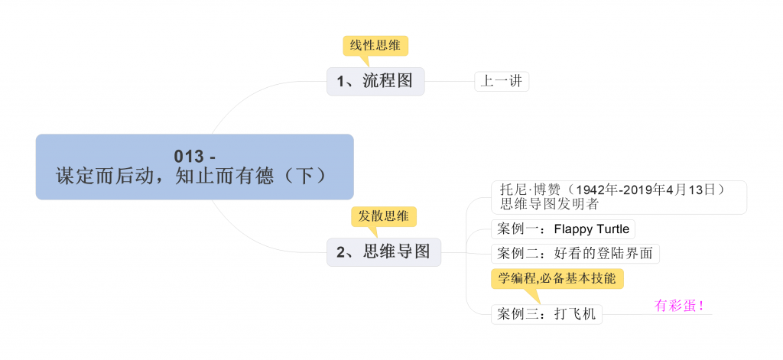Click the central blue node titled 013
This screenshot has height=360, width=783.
click(194, 167)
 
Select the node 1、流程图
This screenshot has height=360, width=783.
click(375, 81)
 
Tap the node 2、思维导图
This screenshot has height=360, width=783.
click(383, 251)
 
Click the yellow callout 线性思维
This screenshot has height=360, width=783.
click(375, 45)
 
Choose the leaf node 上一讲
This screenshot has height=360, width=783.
click(502, 81)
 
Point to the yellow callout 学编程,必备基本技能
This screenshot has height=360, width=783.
click(557, 278)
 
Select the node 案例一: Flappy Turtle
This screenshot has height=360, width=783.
click(563, 229)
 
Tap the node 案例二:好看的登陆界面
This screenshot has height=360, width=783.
click(575, 254)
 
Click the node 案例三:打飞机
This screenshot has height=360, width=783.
click(546, 313)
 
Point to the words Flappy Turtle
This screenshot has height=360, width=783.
click(591, 229)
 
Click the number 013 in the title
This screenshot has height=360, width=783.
click(189, 157)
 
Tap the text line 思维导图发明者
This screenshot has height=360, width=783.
click(549, 204)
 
